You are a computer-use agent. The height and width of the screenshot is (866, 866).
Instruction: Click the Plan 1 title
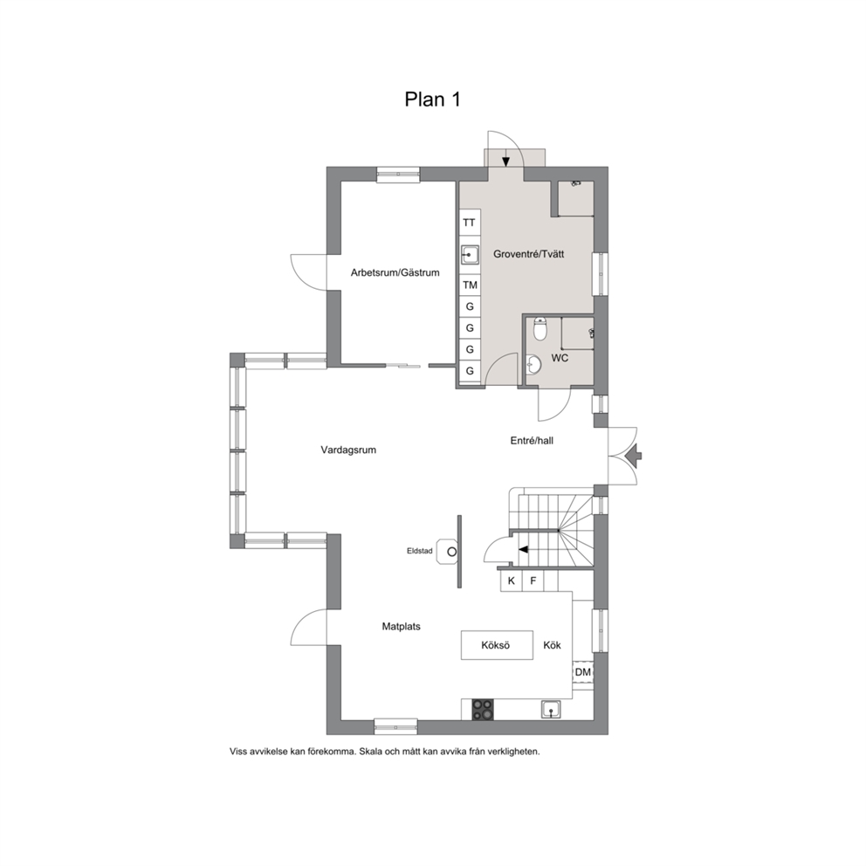432,100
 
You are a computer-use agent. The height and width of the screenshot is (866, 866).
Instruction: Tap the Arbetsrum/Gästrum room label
395,272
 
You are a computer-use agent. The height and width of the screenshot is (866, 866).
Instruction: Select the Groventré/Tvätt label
528,254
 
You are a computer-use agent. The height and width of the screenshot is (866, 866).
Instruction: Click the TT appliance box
469,223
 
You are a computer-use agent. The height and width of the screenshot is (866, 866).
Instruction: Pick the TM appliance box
470,285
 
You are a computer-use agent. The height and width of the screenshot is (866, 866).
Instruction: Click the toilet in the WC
540,328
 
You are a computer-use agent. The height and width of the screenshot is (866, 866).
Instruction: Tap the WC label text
560,358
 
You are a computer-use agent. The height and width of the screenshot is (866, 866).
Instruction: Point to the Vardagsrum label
348,450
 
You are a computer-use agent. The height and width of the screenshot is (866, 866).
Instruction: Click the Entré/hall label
532,441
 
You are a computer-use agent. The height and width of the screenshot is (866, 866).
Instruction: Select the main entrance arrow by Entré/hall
634,456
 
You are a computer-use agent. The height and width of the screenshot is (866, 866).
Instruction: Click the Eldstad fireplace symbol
447,551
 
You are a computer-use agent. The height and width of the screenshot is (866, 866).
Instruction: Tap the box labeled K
512,581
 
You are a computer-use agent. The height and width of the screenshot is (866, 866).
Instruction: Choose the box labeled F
533,581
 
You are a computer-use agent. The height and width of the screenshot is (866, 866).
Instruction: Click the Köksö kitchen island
497,645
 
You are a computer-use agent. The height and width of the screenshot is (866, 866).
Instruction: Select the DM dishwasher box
582,672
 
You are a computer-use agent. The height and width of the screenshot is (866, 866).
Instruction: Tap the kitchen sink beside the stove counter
551,709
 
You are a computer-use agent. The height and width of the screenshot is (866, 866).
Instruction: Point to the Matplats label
402,627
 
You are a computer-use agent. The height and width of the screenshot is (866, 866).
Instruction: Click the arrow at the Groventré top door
505,162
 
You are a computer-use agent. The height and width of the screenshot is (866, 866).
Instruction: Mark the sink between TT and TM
470,255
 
